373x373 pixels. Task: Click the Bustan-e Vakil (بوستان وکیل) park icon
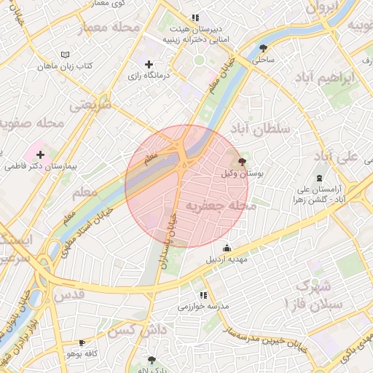pyautogui.click(x=242, y=162)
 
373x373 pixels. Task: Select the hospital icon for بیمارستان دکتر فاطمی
pyautogui.click(x=40, y=154)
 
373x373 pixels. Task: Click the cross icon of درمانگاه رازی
pyautogui.click(x=149, y=65)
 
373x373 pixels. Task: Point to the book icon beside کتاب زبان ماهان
pyautogui.click(x=66, y=55)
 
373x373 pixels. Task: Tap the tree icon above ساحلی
pyautogui.click(x=263, y=48)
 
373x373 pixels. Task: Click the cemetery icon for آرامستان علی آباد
pyautogui.click(x=319, y=178)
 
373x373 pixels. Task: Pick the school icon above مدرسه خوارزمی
pyautogui.click(x=203, y=295)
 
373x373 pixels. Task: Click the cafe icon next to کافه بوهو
pyautogui.click(x=82, y=342)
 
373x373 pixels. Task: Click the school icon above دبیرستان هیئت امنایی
pyautogui.click(x=195, y=17)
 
